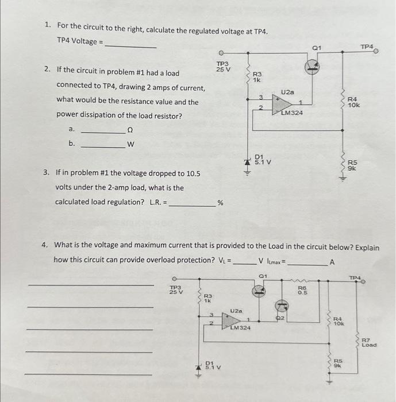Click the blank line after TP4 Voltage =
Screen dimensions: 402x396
point(130,45)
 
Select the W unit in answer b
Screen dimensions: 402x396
point(130,144)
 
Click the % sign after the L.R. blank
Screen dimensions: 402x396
point(219,202)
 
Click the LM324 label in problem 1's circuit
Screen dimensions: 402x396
point(293,113)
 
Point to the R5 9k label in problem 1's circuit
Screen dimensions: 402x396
point(352,165)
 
